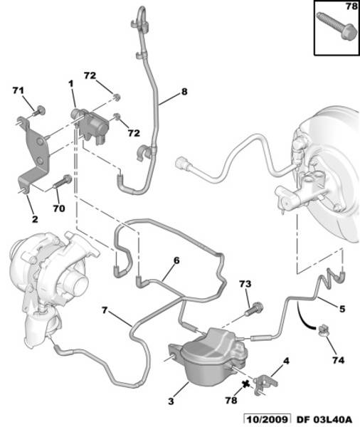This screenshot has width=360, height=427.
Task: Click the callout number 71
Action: [x=18, y=90]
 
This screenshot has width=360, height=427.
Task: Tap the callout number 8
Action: [x=184, y=92]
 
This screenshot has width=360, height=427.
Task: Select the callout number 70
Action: [x=59, y=209]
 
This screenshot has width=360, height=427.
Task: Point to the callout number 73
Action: [x=245, y=284]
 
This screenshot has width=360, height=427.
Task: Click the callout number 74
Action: [x=338, y=360]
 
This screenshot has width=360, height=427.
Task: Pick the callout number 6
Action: [x=176, y=260]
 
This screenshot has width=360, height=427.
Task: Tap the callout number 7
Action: [x=105, y=310]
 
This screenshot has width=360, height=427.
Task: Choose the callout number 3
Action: [x=171, y=401]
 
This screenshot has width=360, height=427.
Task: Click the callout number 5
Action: [x=342, y=309]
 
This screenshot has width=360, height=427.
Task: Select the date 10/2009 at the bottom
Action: [x=267, y=420]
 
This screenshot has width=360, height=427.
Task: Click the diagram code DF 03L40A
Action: [x=324, y=420]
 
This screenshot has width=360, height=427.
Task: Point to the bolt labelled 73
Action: [x=254, y=309]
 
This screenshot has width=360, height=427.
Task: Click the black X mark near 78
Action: [x=245, y=384]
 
